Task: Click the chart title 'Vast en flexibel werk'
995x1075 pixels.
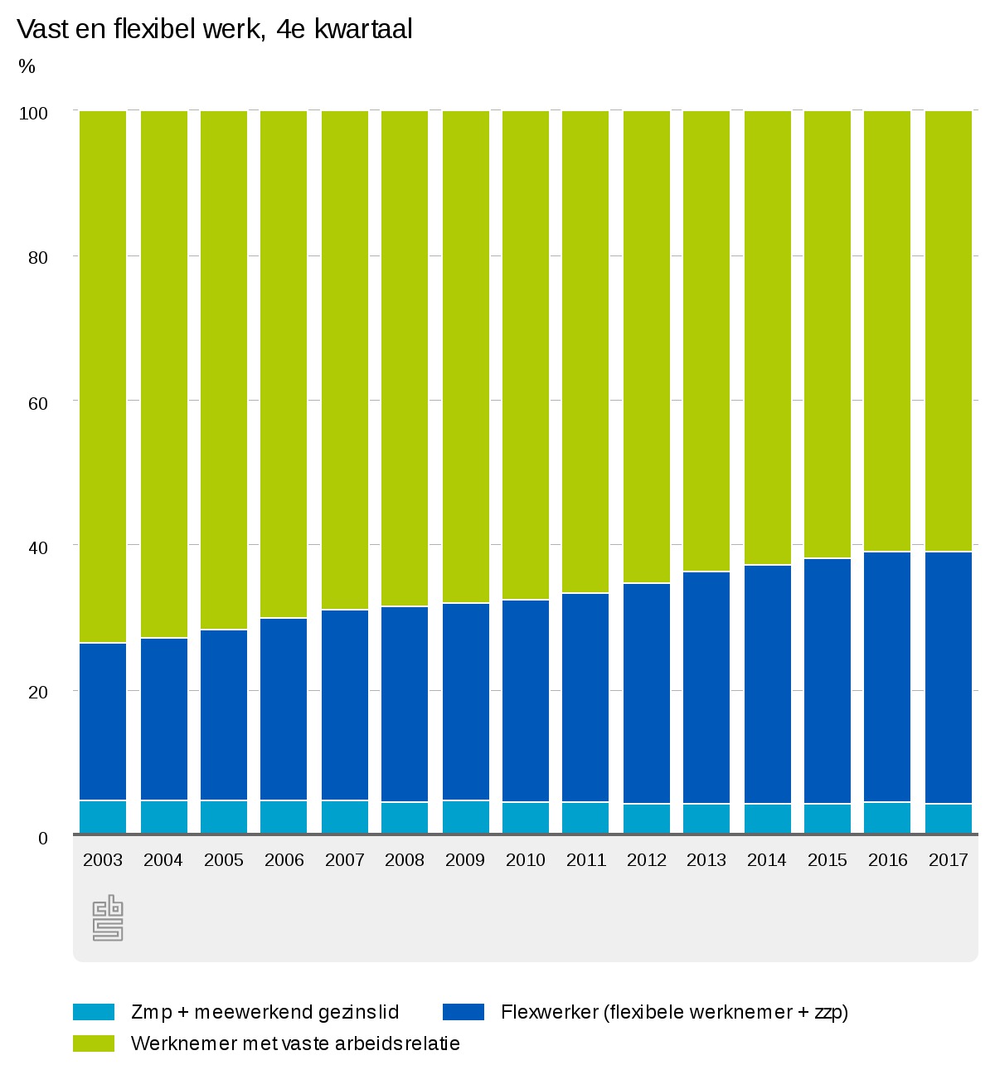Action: (215, 30)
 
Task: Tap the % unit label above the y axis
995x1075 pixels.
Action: (27, 67)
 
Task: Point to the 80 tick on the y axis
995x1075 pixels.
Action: (38, 257)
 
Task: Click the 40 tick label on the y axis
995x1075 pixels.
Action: (38, 547)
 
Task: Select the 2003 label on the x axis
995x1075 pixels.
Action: (103, 860)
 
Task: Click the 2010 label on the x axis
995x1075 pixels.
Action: (526, 860)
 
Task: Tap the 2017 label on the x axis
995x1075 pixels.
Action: (949, 860)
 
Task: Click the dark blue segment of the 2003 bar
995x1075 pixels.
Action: (103, 722)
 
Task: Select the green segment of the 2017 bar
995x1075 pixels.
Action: (949, 332)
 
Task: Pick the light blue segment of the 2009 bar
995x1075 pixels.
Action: (465, 817)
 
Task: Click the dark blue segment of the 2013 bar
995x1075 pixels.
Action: (706, 688)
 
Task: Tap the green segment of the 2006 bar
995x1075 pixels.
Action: (284, 365)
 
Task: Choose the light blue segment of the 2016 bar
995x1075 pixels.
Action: (887, 818)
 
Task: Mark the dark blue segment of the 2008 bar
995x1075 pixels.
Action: (405, 705)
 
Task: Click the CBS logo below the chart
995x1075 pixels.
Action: (108, 918)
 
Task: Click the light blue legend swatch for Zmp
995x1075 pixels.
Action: (94, 1012)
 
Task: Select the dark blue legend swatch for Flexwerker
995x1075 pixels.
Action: (464, 1012)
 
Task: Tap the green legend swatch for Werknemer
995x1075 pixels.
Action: (94, 1043)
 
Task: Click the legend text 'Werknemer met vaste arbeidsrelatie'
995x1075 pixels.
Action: (295, 1043)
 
